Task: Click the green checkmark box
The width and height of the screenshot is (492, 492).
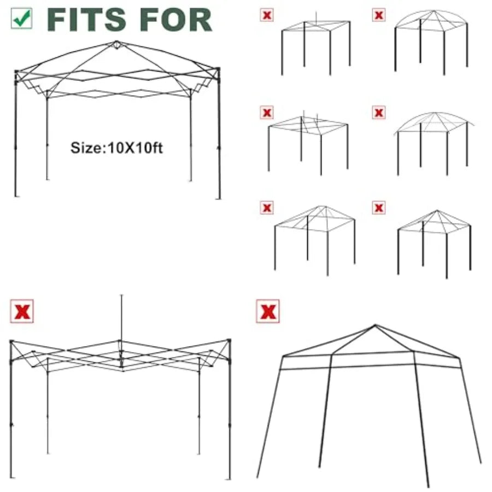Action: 21,19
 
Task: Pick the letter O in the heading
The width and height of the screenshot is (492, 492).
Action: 175,20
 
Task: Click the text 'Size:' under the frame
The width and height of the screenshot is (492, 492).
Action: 89,148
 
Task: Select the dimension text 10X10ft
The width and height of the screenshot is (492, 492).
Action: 135,148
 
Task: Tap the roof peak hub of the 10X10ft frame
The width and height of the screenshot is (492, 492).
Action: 117,45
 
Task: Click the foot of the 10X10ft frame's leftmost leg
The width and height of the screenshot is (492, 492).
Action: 16,196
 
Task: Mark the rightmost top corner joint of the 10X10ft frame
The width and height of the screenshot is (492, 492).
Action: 218,69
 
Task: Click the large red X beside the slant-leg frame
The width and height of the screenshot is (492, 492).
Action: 268,311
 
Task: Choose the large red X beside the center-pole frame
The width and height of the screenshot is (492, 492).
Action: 22,311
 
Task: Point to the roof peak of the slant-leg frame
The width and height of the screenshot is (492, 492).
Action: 375,325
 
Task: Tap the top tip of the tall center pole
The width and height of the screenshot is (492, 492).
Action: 121,295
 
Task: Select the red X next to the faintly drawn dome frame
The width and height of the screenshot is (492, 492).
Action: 379,112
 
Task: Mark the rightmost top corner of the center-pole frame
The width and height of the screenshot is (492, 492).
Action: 229,341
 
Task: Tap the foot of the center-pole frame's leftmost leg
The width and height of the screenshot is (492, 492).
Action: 11,477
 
